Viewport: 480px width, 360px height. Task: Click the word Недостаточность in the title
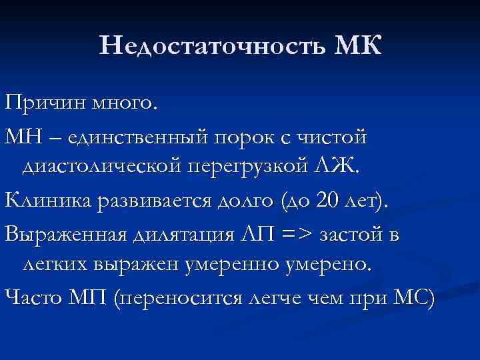(x=209, y=47)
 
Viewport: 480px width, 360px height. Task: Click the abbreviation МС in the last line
(x=411, y=297)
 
